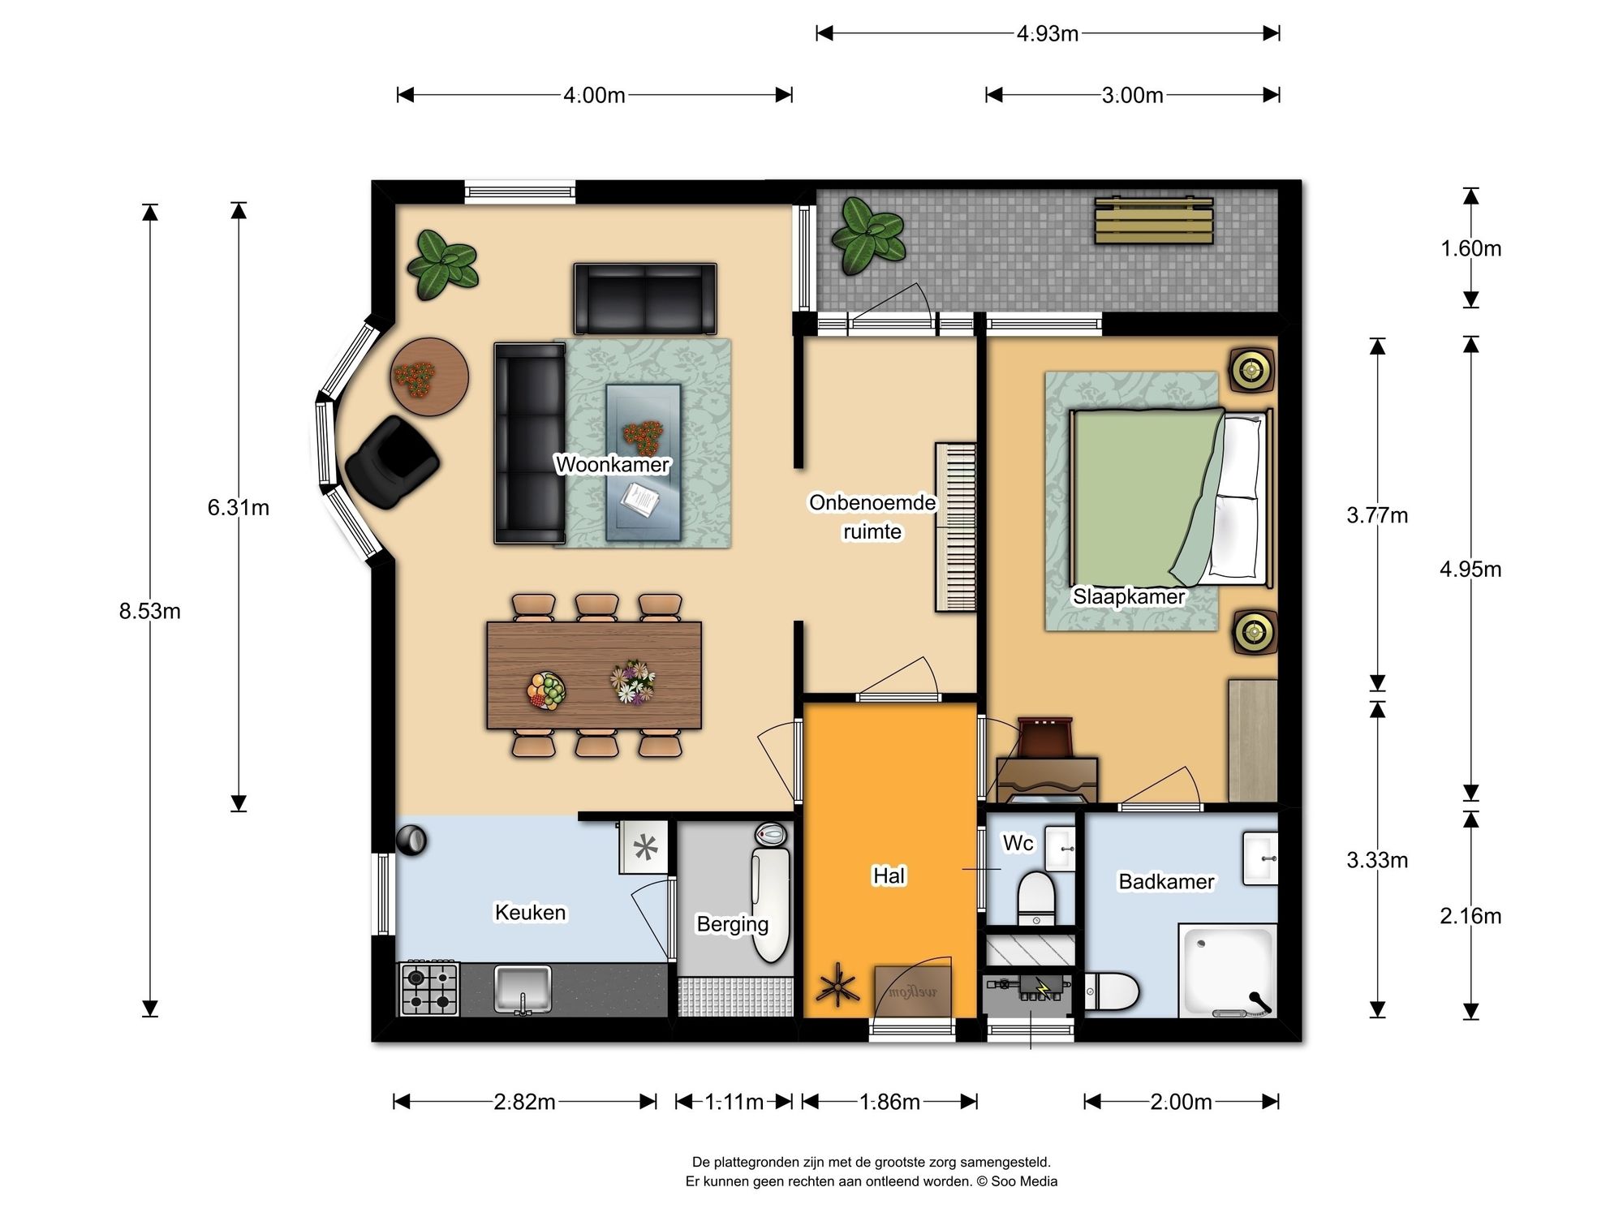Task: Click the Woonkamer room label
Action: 612,464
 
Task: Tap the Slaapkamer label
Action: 1129,596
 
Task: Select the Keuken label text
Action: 531,912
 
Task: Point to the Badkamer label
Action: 1166,881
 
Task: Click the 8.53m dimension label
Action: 150,611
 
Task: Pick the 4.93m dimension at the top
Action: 1048,33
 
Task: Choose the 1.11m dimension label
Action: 734,1102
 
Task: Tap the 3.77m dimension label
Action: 1377,515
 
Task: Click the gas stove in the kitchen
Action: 429,989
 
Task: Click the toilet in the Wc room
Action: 1036,897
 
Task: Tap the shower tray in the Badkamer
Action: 1228,970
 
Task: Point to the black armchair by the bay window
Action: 393,462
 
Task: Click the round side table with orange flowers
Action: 429,377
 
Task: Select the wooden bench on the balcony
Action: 1154,220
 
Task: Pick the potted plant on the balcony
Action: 867,235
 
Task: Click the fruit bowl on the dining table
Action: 546,690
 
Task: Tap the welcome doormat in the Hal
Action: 913,991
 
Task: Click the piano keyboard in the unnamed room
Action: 956,527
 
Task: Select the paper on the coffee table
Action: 640,500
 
